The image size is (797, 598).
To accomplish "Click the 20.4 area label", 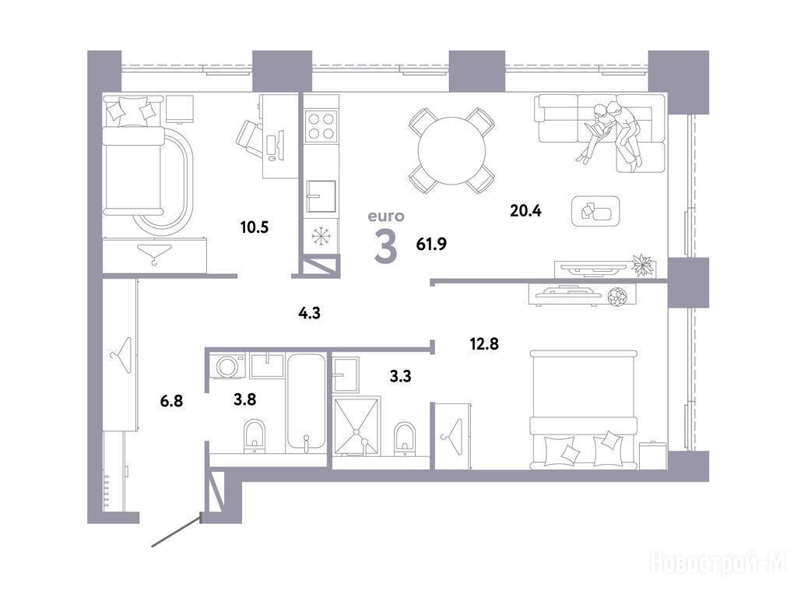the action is [525, 210].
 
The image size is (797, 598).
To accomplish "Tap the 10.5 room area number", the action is [255, 227].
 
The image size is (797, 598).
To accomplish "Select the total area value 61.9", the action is [431, 244].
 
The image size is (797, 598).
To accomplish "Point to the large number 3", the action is [385, 246].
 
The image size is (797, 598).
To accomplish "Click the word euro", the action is [386, 216].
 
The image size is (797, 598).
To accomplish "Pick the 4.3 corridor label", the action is [309, 313].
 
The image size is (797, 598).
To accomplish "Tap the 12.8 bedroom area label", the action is [484, 344].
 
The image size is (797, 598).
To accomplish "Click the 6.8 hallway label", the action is [171, 401].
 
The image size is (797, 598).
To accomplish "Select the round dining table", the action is [452, 150].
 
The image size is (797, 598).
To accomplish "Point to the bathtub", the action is [305, 403].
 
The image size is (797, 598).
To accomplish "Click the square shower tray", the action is [356, 425].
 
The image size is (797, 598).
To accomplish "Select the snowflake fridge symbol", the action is [321, 236].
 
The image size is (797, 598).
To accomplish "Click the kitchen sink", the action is [321, 195].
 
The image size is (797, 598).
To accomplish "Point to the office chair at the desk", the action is [250, 137].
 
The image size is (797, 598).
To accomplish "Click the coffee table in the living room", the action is [595, 211].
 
